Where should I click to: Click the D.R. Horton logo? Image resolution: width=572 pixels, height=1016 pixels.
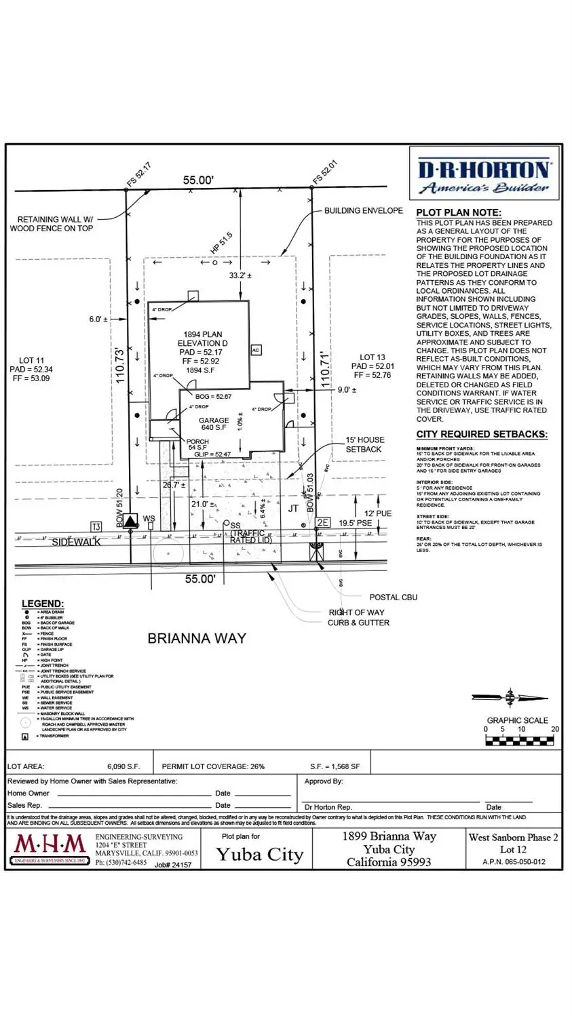click(484, 176)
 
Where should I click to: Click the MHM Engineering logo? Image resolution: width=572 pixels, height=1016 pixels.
click(50, 848)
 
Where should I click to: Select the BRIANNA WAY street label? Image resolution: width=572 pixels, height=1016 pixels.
click(197, 638)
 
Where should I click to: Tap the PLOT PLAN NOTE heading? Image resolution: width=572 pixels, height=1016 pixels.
click(459, 212)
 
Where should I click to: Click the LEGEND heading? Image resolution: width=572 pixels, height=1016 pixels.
click(43, 604)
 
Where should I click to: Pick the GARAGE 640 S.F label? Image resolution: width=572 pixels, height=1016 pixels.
click(213, 424)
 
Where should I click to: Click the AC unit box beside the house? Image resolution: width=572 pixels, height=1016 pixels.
click(256, 350)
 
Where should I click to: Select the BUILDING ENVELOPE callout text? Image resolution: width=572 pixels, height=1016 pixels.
click(363, 210)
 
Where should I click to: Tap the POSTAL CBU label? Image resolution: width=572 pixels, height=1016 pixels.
click(393, 598)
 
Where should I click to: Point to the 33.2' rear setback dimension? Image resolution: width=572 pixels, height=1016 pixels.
click(240, 275)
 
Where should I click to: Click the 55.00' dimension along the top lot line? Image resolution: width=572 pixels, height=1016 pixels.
click(198, 180)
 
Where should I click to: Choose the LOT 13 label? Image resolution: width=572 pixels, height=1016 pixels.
click(372, 357)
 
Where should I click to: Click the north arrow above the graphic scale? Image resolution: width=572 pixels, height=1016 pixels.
click(510, 698)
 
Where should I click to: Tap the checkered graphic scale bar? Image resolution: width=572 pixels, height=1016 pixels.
click(520, 741)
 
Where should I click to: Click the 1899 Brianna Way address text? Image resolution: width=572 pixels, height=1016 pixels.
click(389, 836)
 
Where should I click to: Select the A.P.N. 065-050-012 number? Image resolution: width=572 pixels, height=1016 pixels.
click(513, 862)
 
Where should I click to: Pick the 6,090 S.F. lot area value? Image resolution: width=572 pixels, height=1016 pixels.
click(123, 766)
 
